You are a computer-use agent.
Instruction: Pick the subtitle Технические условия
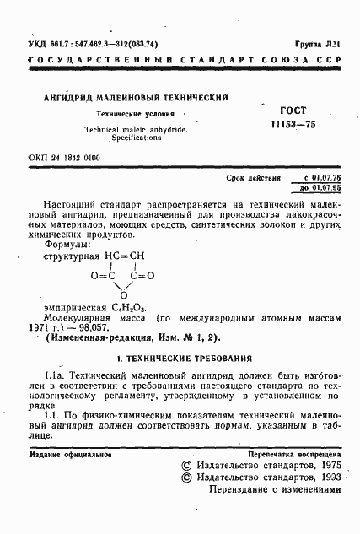pyautogui.click(x=135, y=114)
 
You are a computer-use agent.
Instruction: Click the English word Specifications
pyautogui.click(x=136, y=137)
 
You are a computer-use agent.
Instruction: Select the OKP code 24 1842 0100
pyautogui.click(x=63, y=158)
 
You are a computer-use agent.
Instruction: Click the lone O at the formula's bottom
pyautogui.click(x=123, y=294)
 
